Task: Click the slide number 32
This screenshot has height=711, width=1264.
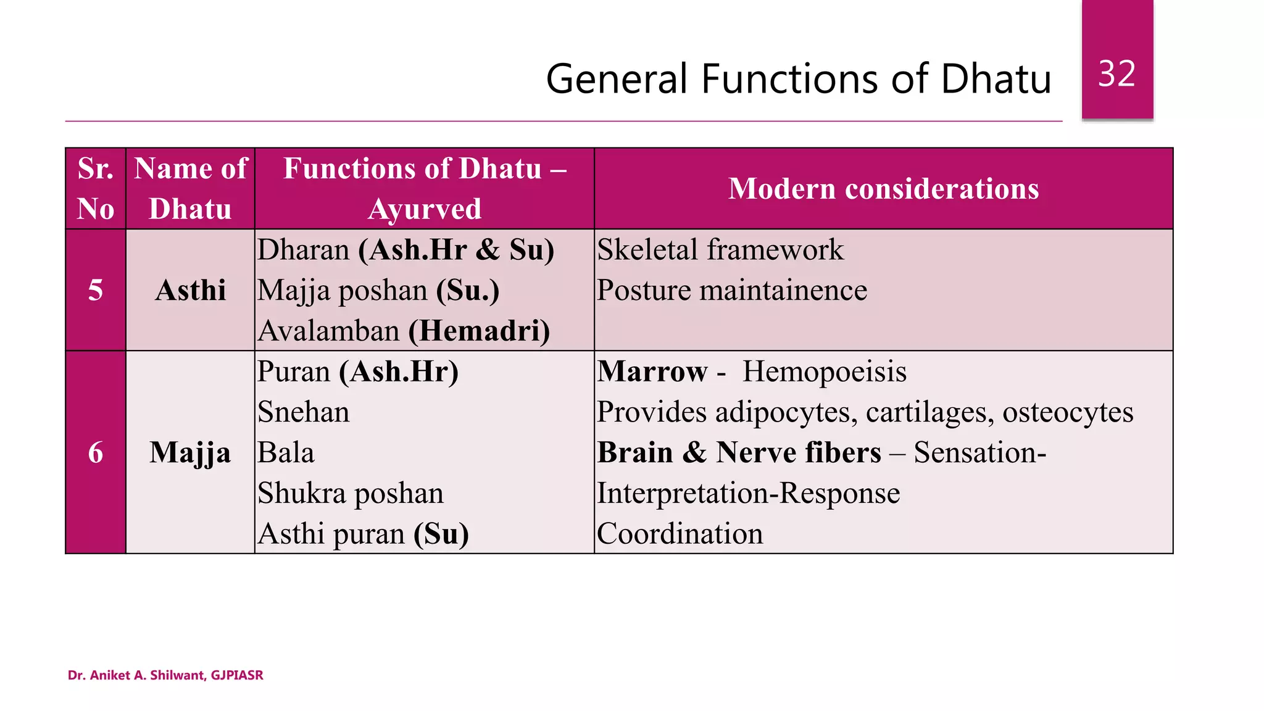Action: (x=1116, y=74)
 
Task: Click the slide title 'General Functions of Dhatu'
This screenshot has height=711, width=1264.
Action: (x=798, y=79)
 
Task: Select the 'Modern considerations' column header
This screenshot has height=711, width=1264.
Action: (x=883, y=188)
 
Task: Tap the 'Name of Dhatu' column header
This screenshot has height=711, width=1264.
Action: (x=190, y=188)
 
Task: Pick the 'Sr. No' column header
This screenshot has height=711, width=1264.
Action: (x=96, y=188)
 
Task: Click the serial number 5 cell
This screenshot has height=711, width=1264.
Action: (x=96, y=290)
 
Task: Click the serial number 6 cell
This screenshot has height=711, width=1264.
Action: (x=96, y=452)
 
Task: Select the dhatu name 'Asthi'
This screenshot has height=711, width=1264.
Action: (x=190, y=290)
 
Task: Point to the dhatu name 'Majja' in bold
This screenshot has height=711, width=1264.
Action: (x=190, y=452)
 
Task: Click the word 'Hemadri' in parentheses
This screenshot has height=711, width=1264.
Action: (x=479, y=331)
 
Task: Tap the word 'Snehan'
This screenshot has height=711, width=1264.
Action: (x=303, y=412)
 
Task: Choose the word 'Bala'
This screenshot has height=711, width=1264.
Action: (x=286, y=452)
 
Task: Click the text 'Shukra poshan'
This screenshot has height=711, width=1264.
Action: (x=351, y=493)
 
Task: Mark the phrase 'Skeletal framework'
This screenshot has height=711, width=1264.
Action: (x=720, y=249)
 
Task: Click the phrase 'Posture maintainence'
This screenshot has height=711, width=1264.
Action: (x=731, y=290)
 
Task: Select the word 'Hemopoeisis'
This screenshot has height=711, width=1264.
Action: (x=824, y=372)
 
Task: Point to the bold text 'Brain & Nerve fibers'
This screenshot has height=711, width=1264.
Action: (x=739, y=452)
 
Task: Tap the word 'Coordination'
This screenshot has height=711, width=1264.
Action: (x=680, y=534)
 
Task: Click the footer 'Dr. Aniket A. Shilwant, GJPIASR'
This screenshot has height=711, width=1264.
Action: (x=165, y=675)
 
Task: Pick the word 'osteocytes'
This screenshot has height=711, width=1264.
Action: (x=1067, y=412)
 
